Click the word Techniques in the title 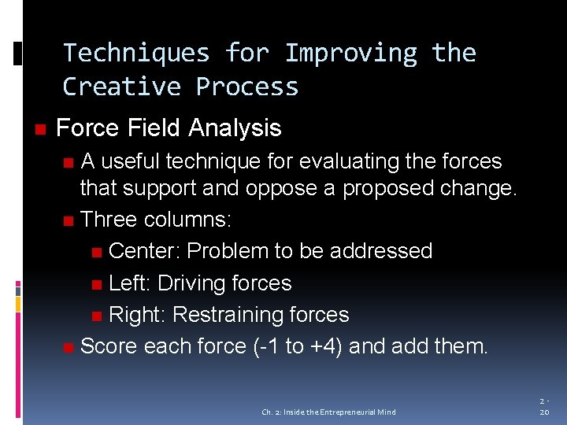[x=136, y=53]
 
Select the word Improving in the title [x=351, y=53]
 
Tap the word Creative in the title [x=121, y=86]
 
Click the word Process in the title [x=247, y=86]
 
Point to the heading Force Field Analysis [x=169, y=128]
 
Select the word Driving [x=194, y=283]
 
